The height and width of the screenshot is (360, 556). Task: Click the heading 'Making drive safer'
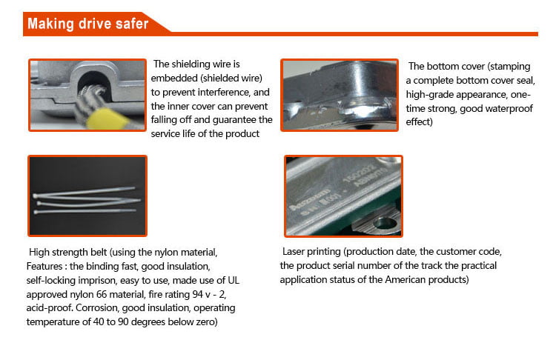point(87,24)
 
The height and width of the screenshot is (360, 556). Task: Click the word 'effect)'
point(420,122)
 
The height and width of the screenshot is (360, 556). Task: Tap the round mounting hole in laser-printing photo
point(384,221)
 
